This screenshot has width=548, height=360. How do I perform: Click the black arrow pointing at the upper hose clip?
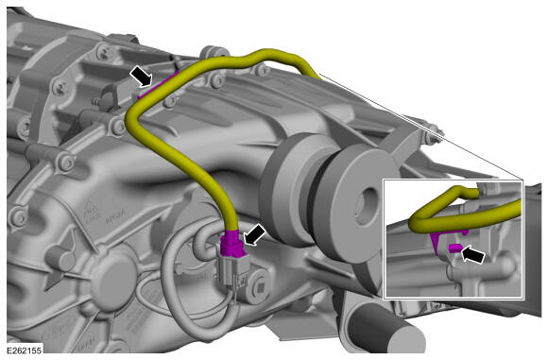pyautogui.click(x=142, y=77)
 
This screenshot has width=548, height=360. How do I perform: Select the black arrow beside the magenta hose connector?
pyautogui.click(x=254, y=234)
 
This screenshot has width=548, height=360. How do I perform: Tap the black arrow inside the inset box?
pyautogui.click(x=473, y=254)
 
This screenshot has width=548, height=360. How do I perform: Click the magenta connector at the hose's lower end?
pyautogui.click(x=231, y=243)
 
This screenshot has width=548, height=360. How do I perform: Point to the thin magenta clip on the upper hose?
pyautogui.click(x=158, y=85)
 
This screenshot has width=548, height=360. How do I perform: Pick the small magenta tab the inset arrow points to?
pyautogui.click(x=455, y=249)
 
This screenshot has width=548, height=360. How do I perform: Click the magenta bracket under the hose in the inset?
pyautogui.click(x=441, y=239)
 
